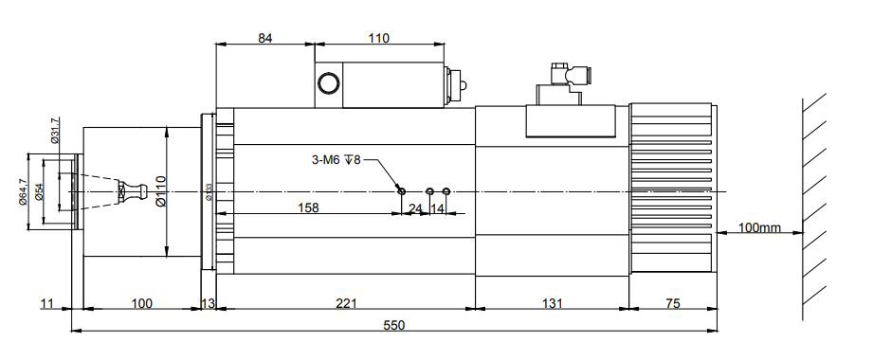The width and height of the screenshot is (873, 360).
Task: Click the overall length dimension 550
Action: click(x=393, y=325)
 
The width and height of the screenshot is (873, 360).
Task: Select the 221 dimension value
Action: click(x=347, y=303)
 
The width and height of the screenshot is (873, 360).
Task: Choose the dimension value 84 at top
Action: click(x=265, y=38)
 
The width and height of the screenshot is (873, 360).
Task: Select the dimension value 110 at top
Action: click(x=378, y=38)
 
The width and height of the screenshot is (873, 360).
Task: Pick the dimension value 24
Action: click(x=415, y=207)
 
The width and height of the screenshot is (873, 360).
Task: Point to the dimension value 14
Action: click(x=438, y=207)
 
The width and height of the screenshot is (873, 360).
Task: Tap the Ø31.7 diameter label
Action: click(x=55, y=132)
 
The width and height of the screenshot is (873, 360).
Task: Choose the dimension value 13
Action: click(x=209, y=303)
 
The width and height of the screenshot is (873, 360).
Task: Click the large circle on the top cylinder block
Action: click(x=328, y=83)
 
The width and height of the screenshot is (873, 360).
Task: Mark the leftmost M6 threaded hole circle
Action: click(x=402, y=191)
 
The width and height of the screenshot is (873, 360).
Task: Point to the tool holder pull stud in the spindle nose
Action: click(x=134, y=192)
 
